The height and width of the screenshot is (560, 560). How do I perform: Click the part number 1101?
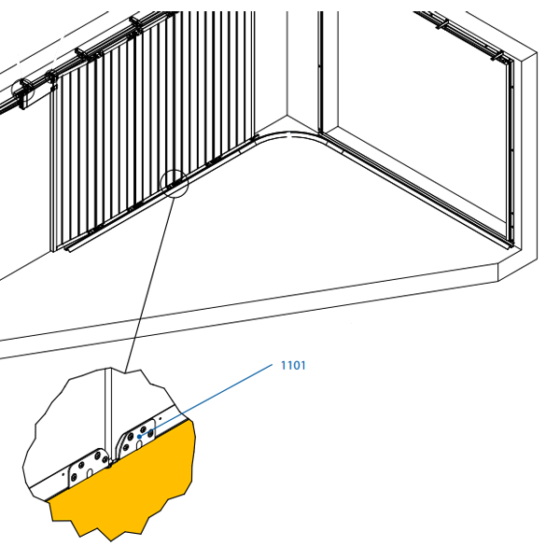(x=293, y=365)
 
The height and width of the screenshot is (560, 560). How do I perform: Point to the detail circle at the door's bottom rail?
(x=174, y=183)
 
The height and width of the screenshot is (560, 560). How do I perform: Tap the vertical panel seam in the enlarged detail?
(x=108, y=411)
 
